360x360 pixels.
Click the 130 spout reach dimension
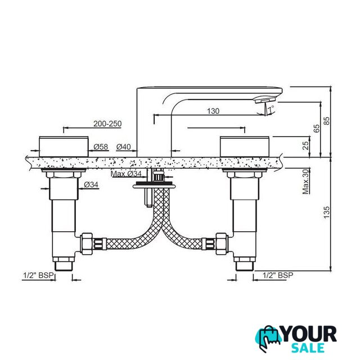point(213,111)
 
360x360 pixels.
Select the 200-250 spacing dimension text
point(107,124)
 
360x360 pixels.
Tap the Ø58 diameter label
point(101,147)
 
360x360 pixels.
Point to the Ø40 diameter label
point(124,147)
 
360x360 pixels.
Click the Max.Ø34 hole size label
point(126,174)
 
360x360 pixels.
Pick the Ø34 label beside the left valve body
point(91,184)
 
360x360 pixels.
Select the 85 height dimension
point(326,121)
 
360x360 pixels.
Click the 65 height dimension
point(316,129)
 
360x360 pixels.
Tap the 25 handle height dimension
point(305,146)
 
